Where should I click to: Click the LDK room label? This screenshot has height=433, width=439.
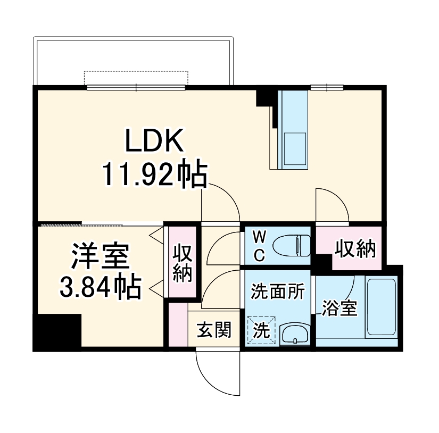[x=155, y=140]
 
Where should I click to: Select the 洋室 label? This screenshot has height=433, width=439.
[x=101, y=256]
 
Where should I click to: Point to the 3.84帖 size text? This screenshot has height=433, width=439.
[x=101, y=286]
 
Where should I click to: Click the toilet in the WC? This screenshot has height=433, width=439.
[x=292, y=246]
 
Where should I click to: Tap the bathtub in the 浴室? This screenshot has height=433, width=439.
[x=381, y=306]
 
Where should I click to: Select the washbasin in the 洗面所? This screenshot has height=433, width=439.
[x=295, y=335]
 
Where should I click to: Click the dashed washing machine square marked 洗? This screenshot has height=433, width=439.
[x=261, y=330]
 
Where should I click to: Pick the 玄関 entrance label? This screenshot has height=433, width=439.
[x=214, y=329]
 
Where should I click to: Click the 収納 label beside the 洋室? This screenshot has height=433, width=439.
[x=183, y=263]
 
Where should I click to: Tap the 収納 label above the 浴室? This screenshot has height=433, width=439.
[x=355, y=249]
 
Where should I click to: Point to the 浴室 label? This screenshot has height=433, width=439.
[x=339, y=308]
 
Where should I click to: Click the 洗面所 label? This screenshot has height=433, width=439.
[x=277, y=291]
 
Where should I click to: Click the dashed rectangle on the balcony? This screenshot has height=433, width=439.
[x=136, y=78]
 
